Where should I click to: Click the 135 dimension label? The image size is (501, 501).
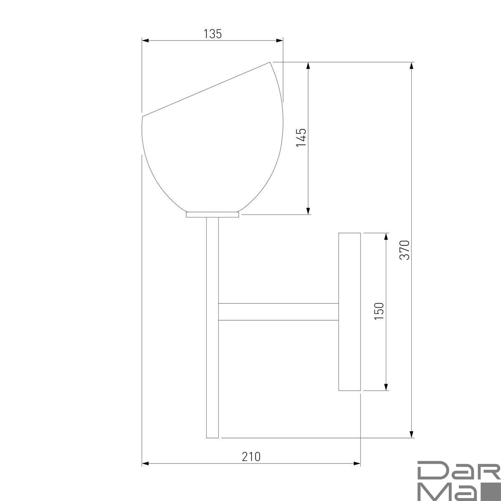(x=213, y=34)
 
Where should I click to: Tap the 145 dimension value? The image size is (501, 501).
(x=301, y=137)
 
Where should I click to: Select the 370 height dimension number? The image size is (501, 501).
(x=405, y=250)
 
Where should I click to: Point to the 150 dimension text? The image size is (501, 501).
(x=379, y=311)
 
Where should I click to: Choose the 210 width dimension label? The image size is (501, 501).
(x=251, y=457)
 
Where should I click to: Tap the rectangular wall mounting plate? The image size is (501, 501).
(x=349, y=312)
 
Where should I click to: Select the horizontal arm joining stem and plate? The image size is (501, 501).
(x=278, y=311)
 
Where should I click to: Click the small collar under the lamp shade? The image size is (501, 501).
(x=213, y=215)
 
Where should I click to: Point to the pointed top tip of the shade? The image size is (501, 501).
(x=270, y=62)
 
